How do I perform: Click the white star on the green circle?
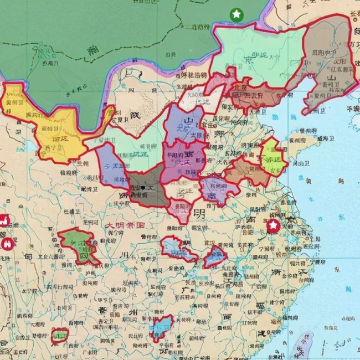(236, 13)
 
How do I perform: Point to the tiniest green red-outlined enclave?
(60, 335)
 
